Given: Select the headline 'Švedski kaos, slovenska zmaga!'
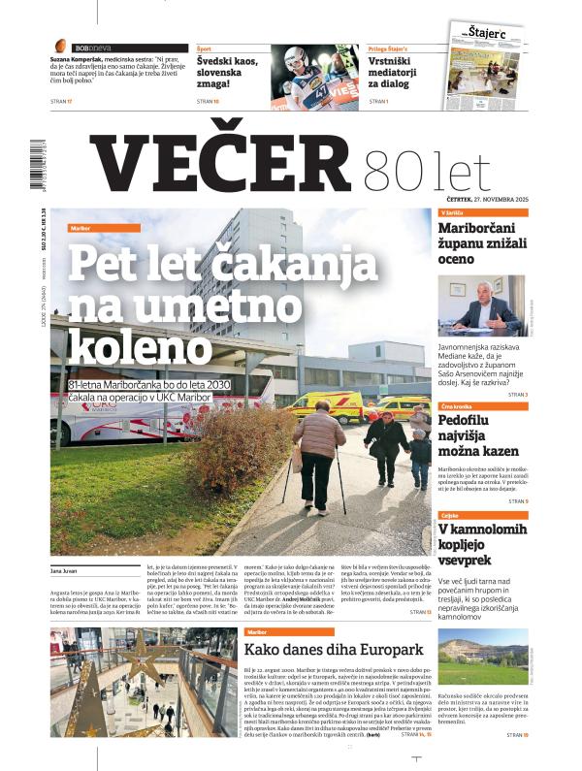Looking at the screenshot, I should (x=231, y=71).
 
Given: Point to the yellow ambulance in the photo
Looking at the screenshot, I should (x=326, y=406).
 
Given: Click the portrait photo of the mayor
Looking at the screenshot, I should (x=482, y=308).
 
